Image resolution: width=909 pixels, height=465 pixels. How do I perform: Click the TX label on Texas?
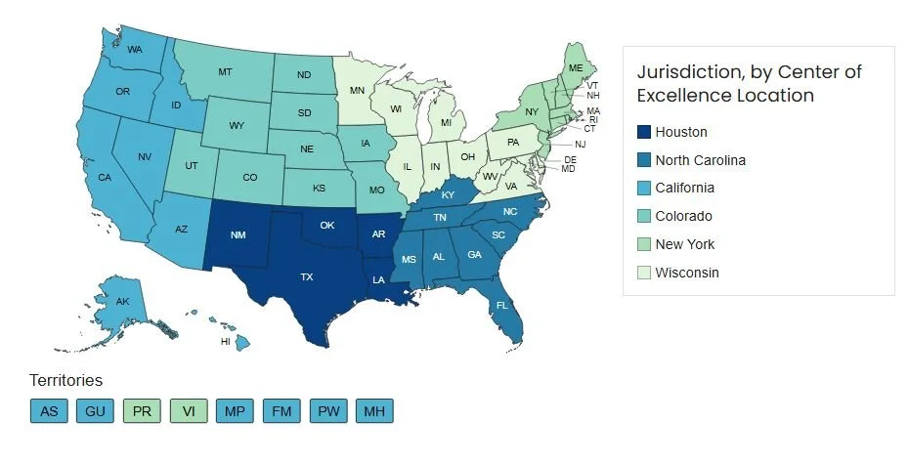point(307,277)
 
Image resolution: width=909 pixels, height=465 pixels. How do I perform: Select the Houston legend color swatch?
point(642,132)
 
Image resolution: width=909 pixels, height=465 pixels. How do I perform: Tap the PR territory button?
point(142,411)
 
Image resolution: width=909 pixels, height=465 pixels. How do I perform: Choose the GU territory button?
point(95,411)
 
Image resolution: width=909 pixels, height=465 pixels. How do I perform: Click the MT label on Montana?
point(225,72)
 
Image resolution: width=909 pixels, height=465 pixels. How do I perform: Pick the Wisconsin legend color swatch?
point(642,273)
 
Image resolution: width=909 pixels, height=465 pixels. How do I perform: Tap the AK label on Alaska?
point(123,302)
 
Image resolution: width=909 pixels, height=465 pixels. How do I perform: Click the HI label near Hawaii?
point(225,342)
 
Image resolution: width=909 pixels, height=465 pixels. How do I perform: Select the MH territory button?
point(373,411)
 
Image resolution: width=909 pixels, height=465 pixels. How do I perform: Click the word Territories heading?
point(65,380)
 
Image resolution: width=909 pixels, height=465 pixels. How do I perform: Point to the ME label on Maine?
point(576,67)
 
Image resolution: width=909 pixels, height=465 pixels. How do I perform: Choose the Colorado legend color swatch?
point(642,216)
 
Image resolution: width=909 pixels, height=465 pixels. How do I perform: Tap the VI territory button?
point(188,411)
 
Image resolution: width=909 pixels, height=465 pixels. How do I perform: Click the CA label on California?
point(105,178)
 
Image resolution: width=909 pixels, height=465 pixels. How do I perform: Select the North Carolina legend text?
point(700,160)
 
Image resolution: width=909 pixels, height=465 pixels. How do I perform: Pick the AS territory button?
point(49,411)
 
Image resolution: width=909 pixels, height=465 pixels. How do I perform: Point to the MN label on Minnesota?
point(359,90)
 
